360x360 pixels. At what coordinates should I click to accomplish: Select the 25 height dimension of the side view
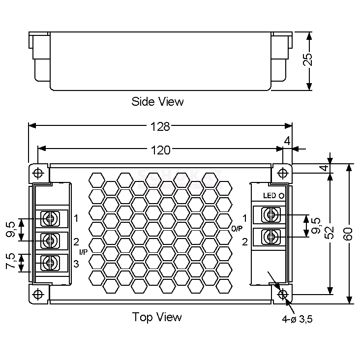[x=308, y=60]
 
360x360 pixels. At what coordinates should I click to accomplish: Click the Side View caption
[x=157, y=102]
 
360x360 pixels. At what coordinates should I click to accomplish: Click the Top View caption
[x=157, y=317]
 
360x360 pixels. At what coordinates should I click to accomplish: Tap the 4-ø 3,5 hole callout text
[x=298, y=319]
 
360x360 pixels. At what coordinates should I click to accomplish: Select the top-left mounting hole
[x=38, y=173]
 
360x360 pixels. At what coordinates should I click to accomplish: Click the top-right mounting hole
[x=282, y=173]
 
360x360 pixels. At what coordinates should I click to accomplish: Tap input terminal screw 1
[x=49, y=218]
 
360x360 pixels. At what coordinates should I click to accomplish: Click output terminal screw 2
[x=270, y=237]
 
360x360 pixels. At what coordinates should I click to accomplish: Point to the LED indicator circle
[x=282, y=195]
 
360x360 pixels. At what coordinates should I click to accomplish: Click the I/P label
[x=83, y=252]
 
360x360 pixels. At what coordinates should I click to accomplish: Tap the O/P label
[x=237, y=228]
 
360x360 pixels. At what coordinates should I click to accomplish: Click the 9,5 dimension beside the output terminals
[x=317, y=225]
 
